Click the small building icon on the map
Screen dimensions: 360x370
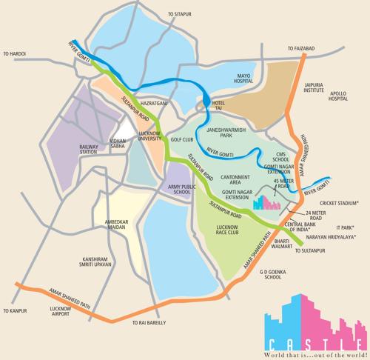click(263, 200)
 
